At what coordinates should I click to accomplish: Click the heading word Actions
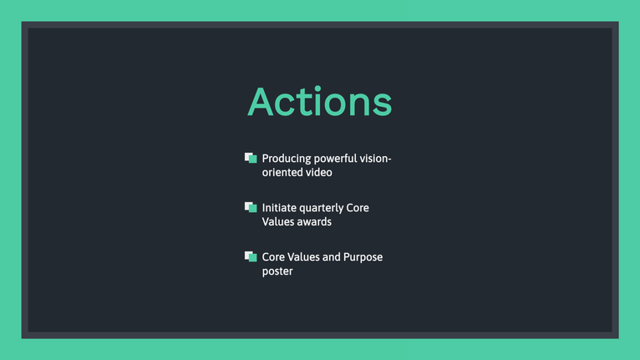pyautogui.click(x=320, y=101)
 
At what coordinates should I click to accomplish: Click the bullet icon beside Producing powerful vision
pyautogui.click(x=251, y=158)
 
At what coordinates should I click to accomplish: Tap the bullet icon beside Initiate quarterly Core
pyautogui.click(x=251, y=207)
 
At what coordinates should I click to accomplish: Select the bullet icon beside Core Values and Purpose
pyautogui.click(x=251, y=256)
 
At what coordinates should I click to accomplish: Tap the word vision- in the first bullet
pyautogui.click(x=375, y=159)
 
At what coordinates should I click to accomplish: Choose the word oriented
pyautogui.click(x=280, y=172)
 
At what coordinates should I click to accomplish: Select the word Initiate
pyautogui.click(x=279, y=208)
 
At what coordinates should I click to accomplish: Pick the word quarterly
pyautogui.click(x=321, y=208)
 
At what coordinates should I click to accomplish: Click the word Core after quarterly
pyautogui.click(x=358, y=208)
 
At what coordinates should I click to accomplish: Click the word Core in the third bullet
pyautogui.click(x=273, y=257)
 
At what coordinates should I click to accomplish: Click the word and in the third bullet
pyautogui.click(x=332, y=257)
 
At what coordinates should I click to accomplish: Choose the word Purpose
pyautogui.click(x=363, y=257)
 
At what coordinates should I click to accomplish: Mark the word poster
pyautogui.click(x=277, y=271)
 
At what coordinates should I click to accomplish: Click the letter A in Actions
pyautogui.click(x=260, y=102)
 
